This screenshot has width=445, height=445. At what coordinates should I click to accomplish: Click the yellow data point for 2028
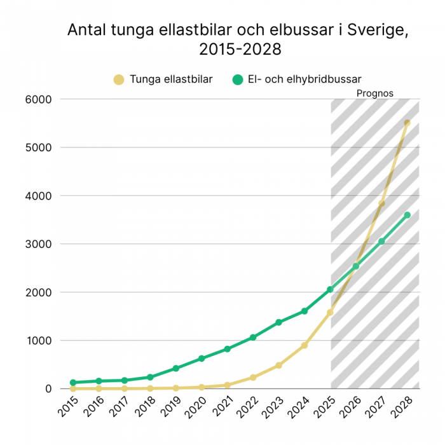coord(407,123)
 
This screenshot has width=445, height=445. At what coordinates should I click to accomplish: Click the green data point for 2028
coord(407,215)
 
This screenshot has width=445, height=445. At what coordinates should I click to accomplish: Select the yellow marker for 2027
coord(381,203)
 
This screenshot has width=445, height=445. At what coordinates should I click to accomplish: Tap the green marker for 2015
coord(73,383)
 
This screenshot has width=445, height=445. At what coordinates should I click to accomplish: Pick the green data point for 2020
coord(202,359)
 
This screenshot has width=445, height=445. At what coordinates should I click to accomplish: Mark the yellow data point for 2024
coord(305,345)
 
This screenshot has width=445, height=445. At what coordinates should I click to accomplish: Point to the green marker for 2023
coord(278,322)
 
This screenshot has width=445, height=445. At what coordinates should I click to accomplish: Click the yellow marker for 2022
coord(253,378)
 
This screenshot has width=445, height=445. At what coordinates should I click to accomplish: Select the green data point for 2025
coord(330,289)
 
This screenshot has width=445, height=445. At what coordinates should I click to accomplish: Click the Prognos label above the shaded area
coord(374,93)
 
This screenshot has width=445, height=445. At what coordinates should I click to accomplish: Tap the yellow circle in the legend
coord(118,79)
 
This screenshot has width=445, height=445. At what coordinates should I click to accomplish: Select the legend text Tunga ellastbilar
coord(171,79)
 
